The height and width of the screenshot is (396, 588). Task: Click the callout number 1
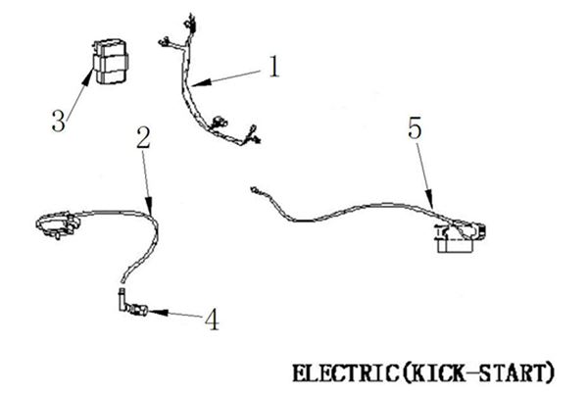[x=274, y=67]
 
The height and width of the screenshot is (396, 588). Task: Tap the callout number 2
[x=143, y=137]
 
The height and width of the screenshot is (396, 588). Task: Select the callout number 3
[x=59, y=121]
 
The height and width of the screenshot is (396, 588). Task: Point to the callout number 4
[x=212, y=320]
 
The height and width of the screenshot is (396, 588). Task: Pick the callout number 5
[x=415, y=128]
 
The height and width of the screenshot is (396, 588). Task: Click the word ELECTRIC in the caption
[x=346, y=373]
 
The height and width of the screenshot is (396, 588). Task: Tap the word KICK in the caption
[x=435, y=373]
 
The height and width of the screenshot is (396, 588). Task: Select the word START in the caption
[x=512, y=373]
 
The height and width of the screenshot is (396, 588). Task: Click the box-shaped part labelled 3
[x=110, y=61]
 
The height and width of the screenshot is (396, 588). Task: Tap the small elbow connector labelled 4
[x=131, y=303]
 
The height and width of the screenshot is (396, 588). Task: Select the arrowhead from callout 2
[x=149, y=205]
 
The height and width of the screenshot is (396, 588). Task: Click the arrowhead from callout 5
[x=429, y=199]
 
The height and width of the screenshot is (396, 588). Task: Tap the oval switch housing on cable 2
[x=58, y=224]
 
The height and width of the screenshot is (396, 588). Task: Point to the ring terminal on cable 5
[x=254, y=190]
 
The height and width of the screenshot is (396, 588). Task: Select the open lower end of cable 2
[x=123, y=279]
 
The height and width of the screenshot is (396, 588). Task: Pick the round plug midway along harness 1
[x=219, y=122]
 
